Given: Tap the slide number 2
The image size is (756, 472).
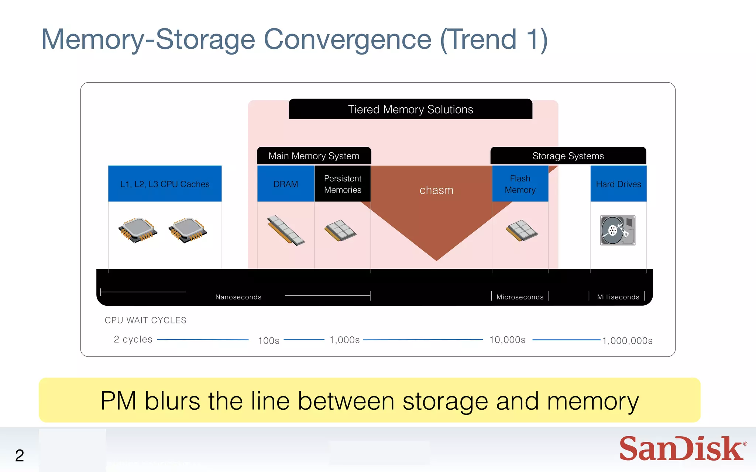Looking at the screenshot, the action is click(20, 455).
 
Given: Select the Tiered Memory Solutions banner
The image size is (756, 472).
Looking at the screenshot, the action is click(410, 109).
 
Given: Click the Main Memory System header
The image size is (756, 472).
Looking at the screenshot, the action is click(314, 156).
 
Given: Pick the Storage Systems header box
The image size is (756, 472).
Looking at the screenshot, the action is click(568, 156).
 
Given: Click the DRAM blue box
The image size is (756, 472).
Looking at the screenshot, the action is click(285, 184).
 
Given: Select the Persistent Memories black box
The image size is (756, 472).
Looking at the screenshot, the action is click(343, 184).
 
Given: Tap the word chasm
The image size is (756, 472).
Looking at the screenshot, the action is click(436, 190).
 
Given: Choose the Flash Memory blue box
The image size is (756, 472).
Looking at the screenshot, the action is click(520, 184).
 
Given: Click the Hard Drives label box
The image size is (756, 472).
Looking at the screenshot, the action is click(618, 184).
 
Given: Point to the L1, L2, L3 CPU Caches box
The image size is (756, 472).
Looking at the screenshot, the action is click(165, 184).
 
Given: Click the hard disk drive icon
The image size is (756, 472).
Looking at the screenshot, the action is click(618, 230).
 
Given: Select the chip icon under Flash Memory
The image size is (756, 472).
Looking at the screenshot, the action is click(522, 230).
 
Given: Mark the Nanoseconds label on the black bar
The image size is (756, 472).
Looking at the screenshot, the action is click(238, 297).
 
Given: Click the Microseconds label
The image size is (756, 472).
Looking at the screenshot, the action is click(520, 297).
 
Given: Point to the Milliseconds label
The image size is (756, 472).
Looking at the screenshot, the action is click(618, 297).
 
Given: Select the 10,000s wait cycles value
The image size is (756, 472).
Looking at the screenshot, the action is click(507, 340).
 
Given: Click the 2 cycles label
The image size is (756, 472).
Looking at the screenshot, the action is click(133, 339).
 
